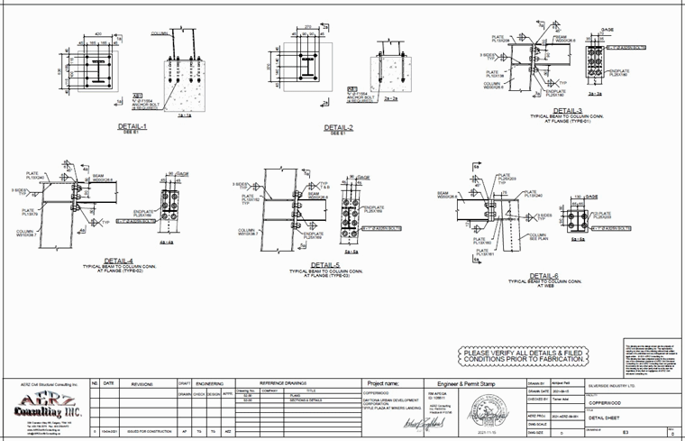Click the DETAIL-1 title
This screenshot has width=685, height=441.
click(x=132, y=127)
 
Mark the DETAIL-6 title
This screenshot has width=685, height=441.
click(x=543, y=274)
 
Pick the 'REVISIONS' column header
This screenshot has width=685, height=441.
click(x=144, y=383)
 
